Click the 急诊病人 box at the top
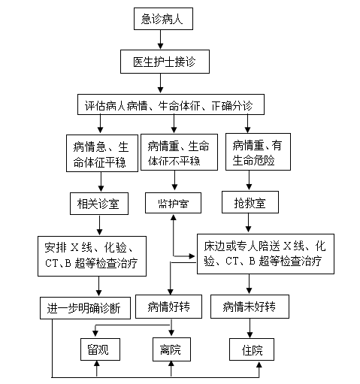tap(163, 19)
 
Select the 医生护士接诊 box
tap(165, 62)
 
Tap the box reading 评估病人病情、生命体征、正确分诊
tap(171, 104)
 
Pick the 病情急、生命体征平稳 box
tap(102, 153)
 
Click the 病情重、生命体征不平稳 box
tap(179, 153)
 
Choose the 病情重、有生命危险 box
tap(258, 152)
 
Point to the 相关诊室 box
tap(99, 204)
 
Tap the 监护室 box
tap(173, 203)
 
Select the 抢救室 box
tap(250, 202)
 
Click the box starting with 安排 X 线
tap(92, 256)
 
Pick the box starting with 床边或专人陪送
tap(265, 254)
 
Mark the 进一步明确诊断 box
tap(85, 308)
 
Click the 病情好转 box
tap(168, 307)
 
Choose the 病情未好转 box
tap(250, 307)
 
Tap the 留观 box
tap(100, 349)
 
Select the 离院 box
tap(171, 349)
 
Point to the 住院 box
tap(252, 349)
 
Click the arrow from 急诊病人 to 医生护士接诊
tap(160, 40)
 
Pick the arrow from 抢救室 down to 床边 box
tap(248, 222)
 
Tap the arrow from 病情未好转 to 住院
tap(250, 328)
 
